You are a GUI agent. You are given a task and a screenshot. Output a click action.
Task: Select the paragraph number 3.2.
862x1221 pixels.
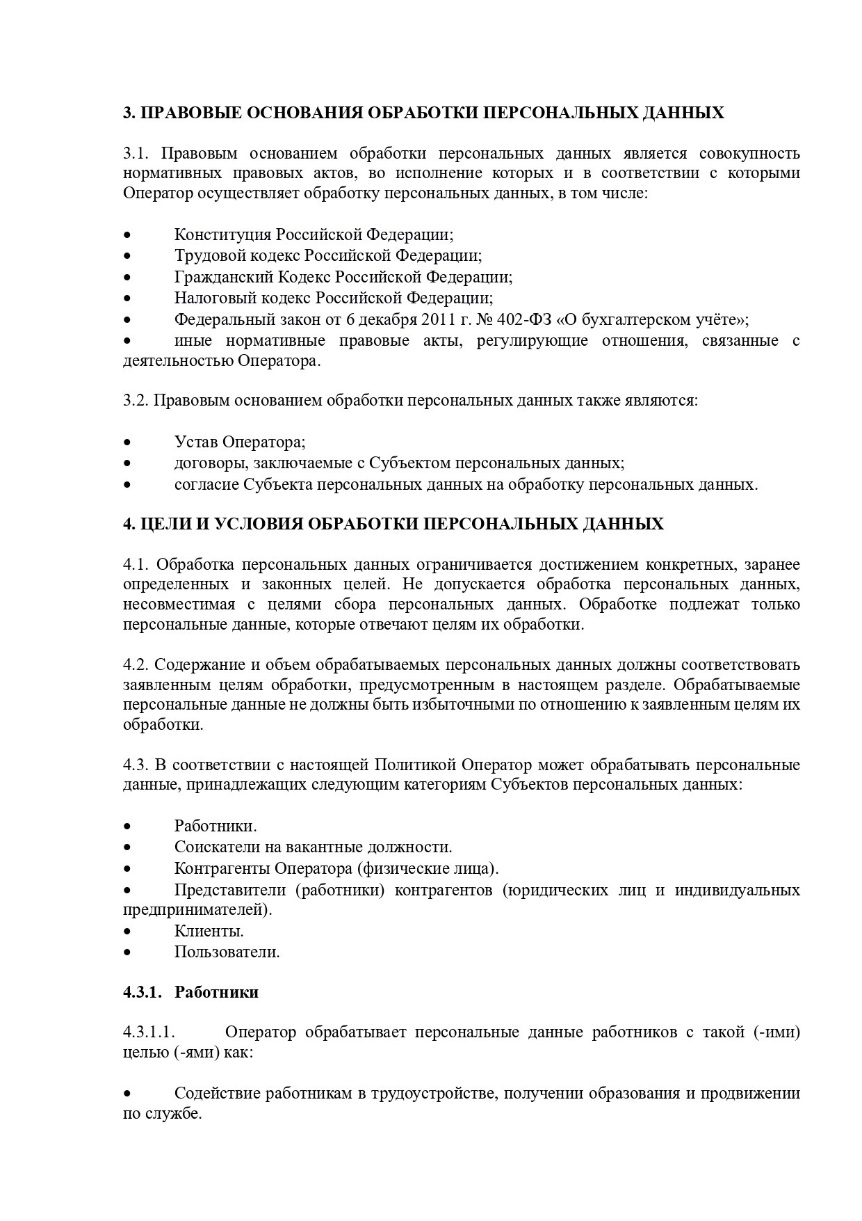[x=136, y=401]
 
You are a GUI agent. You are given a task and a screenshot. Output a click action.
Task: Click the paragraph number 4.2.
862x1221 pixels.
[x=136, y=664]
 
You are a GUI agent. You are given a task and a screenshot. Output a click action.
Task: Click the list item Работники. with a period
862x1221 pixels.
[x=215, y=827]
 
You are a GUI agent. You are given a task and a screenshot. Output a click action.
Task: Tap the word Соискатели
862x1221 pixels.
[x=215, y=847]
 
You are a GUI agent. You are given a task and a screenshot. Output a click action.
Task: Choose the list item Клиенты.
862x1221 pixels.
[x=209, y=931]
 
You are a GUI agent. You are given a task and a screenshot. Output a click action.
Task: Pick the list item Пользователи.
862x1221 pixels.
[x=227, y=952]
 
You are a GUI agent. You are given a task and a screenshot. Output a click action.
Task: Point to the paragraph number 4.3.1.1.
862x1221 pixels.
[x=147, y=1032]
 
